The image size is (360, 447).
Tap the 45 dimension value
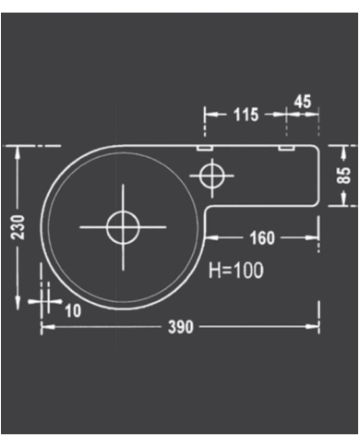click(303, 101)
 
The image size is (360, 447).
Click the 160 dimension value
click(261, 238)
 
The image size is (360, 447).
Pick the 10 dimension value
click(72, 310)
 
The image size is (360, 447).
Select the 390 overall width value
click(179, 328)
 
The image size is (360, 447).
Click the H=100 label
click(235, 271)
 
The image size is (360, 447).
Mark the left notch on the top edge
click(205, 146)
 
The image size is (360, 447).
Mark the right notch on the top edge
click(287, 146)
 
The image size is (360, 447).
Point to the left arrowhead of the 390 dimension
click(45, 328)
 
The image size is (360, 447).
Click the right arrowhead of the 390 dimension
click(316, 328)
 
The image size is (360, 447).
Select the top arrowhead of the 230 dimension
click(19, 151)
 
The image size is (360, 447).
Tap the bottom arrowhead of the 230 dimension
click(19, 304)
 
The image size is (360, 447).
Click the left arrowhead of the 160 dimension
click(209, 238)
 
